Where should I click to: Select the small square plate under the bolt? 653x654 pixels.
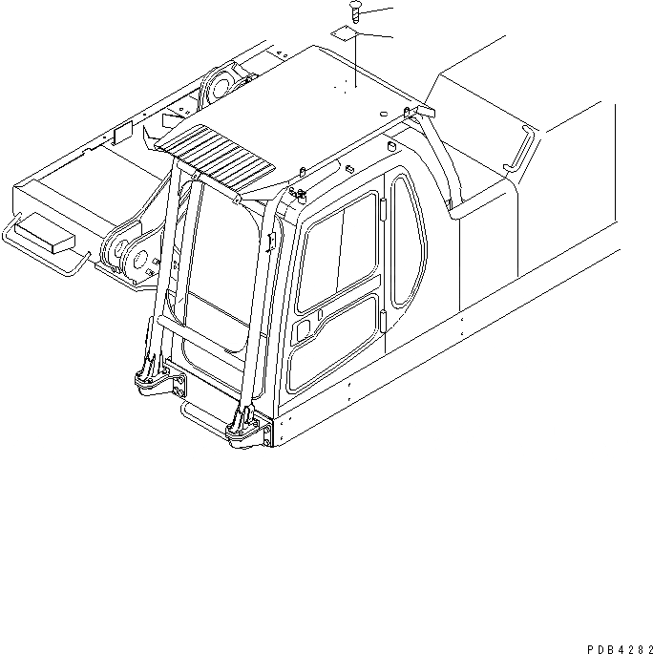point(347,34)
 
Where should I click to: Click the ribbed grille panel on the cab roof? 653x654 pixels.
point(219,152)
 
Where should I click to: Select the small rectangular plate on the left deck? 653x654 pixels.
point(122,135)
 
